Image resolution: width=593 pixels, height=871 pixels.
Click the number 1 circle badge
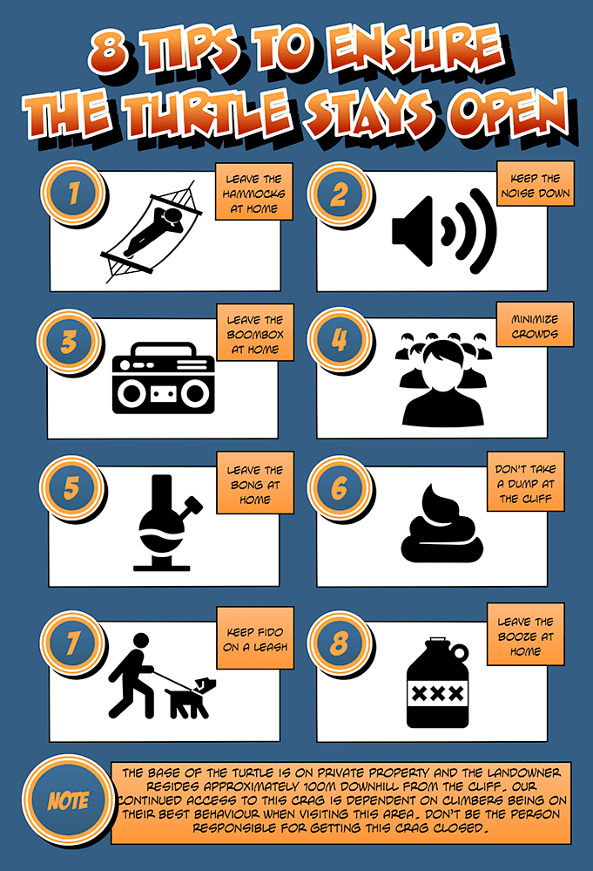pos(73,194)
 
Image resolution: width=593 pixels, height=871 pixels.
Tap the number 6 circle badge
pos(339,488)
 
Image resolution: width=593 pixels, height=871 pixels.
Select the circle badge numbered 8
pos(339,643)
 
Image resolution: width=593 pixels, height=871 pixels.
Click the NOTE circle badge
pos(68,800)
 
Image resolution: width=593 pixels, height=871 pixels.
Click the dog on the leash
pos(191,697)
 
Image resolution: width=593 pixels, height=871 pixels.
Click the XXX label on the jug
pos(437,693)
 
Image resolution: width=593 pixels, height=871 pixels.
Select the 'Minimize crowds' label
pos(535,325)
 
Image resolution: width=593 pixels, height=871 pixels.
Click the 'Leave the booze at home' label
pos(525,635)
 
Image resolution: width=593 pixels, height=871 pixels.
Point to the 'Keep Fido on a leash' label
pos(255,638)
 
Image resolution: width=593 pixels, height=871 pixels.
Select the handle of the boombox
pos(165,350)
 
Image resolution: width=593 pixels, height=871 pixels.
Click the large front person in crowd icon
pos(442,384)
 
